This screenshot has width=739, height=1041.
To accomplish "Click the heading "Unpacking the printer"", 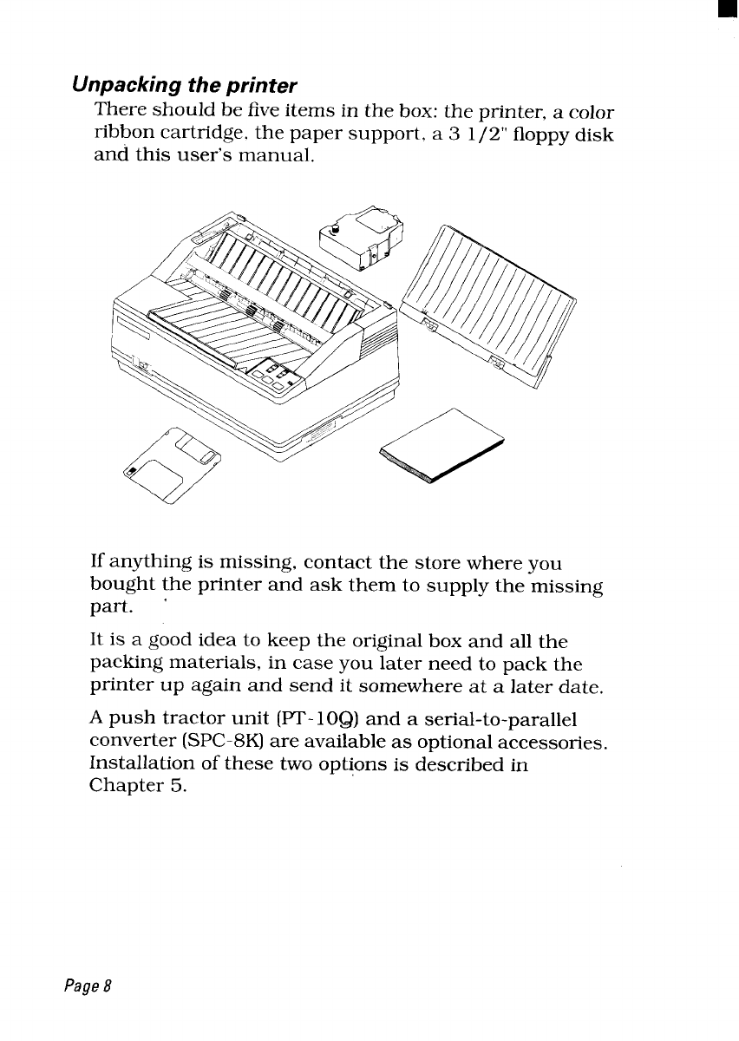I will (x=185, y=86).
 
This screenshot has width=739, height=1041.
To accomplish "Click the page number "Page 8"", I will (x=88, y=988).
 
